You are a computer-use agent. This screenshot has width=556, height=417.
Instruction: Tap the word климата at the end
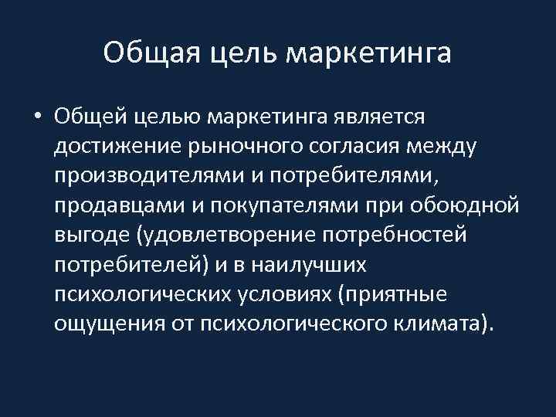[436, 324]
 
